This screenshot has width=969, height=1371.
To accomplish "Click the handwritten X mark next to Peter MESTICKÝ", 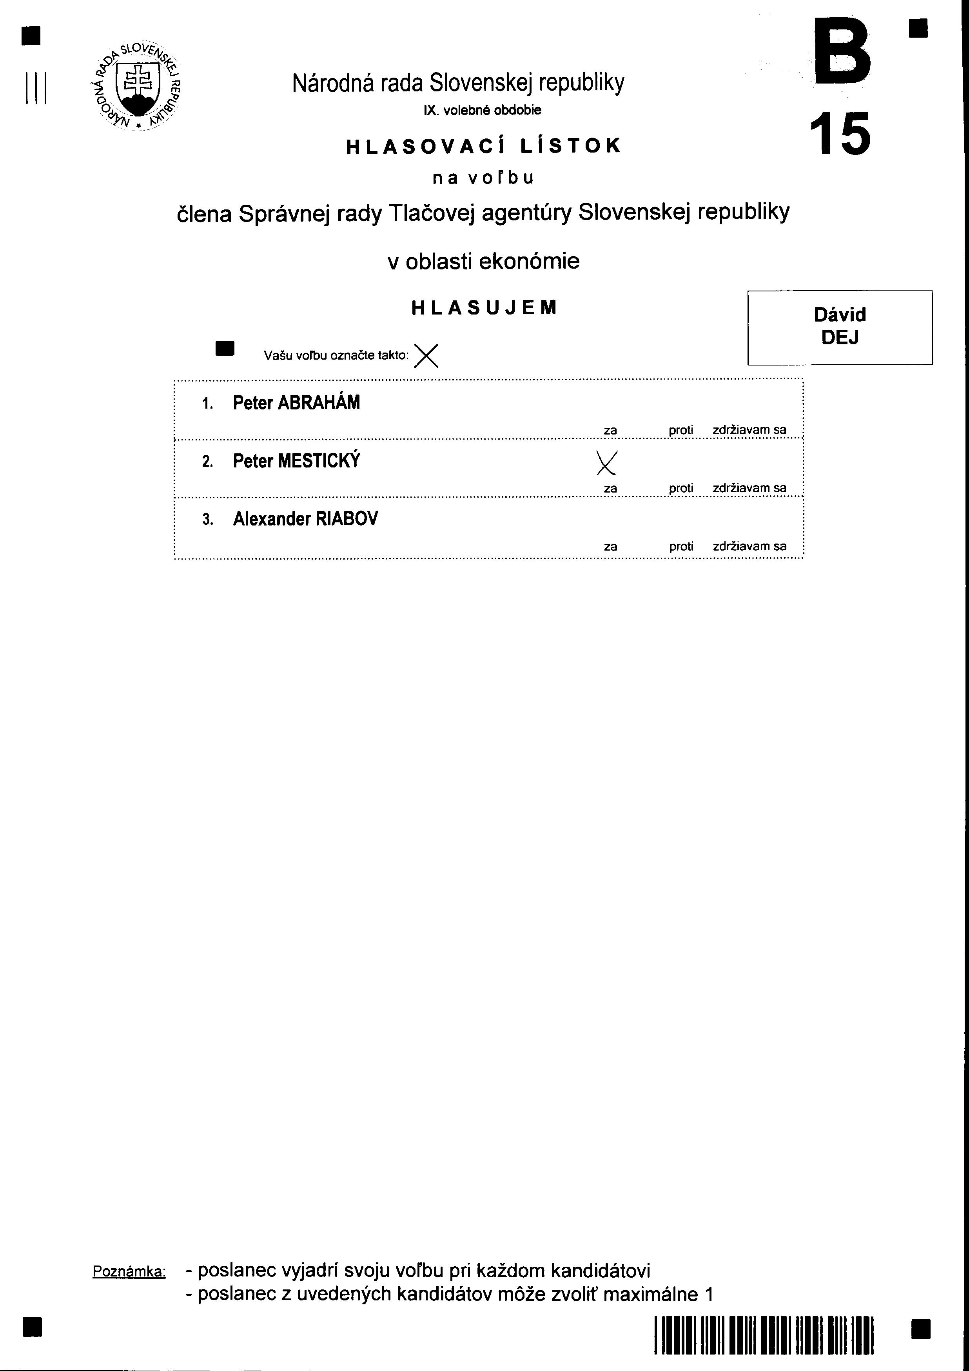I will click(606, 462).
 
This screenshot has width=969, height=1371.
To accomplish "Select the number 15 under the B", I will click(840, 135).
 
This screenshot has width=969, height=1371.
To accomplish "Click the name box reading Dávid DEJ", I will click(839, 327).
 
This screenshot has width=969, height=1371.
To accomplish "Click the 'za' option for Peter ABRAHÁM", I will click(610, 430).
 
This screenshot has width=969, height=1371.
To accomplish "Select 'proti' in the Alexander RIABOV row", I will click(680, 546).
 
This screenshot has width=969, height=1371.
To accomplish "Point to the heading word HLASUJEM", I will click(484, 307).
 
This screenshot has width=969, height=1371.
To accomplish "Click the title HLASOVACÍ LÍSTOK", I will click(484, 146).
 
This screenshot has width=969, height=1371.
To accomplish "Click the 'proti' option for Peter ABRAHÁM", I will click(680, 430).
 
